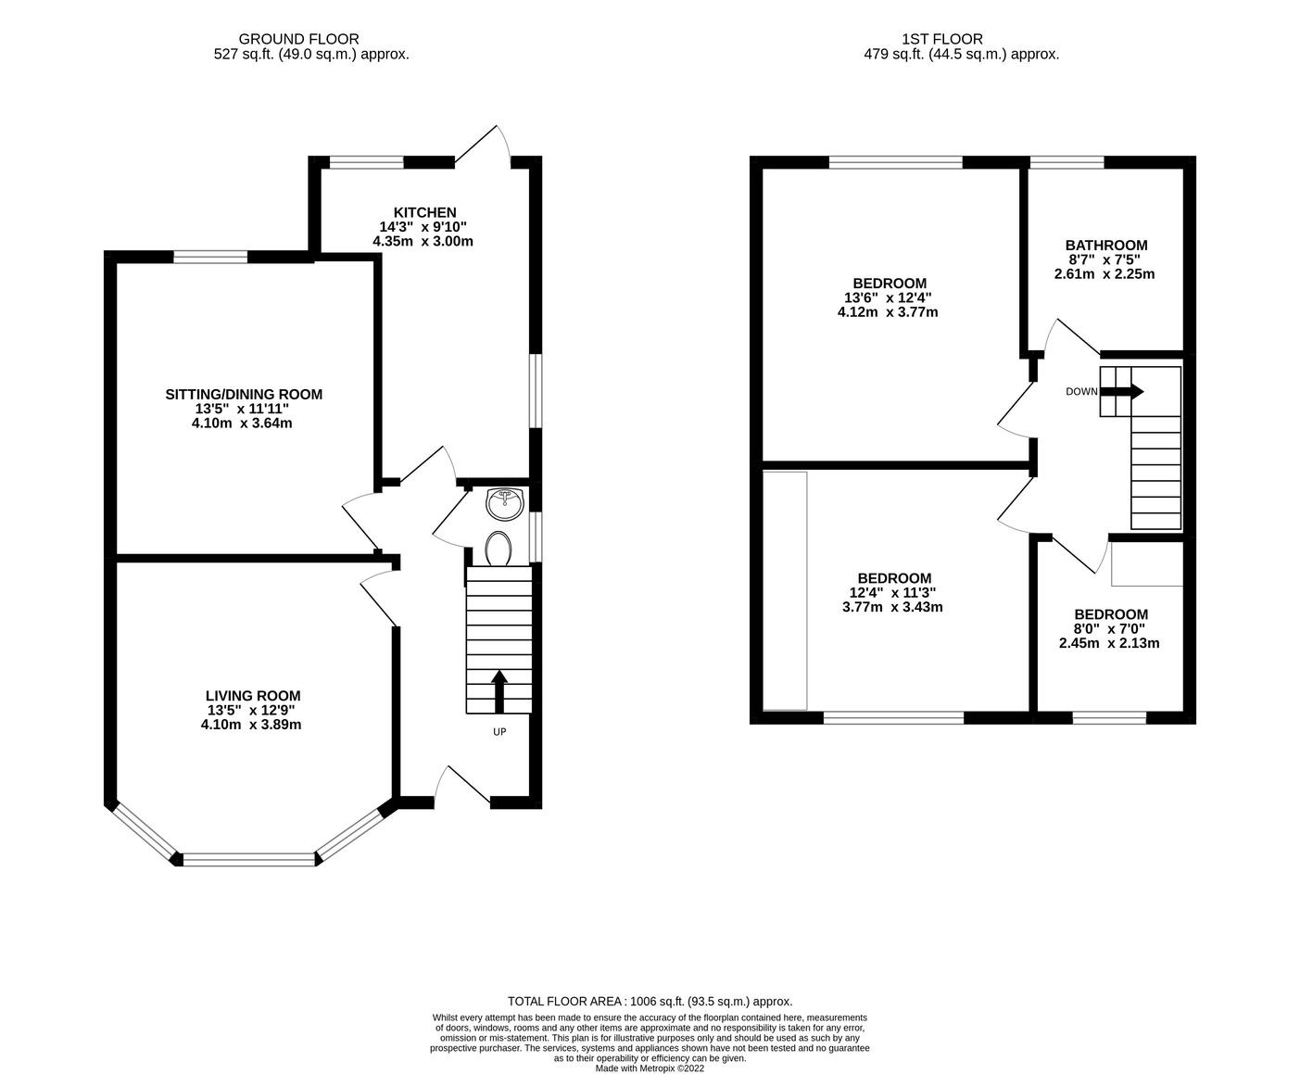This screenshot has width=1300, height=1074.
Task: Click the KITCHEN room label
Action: pyautogui.click(x=424, y=212)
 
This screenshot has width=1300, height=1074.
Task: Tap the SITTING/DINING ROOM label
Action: pyautogui.click(x=244, y=394)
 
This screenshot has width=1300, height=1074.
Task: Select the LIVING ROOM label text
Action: pyautogui.click(x=253, y=695)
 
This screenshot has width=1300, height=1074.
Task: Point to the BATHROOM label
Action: pyautogui.click(x=1105, y=245)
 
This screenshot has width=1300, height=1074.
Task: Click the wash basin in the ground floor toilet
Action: pyautogui.click(x=506, y=504)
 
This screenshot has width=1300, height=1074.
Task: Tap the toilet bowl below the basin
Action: pyautogui.click(x=499, y=549)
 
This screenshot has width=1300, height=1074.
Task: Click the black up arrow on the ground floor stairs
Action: pyautogui.click(x=499, y=691)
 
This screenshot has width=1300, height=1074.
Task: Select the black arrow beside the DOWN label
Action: pyautogui.click(x=1122, y=392)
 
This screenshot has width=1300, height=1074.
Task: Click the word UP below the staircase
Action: pyautogui.click(x=499, y=732)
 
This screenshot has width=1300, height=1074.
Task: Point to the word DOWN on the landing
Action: pyautogui.click(x=1081, y=392)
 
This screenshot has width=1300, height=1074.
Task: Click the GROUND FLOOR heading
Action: pyautogui.click(x=299, y=39)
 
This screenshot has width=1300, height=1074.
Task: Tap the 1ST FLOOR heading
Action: pyautogui.click(x=942, y=39)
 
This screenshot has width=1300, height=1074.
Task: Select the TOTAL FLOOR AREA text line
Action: pyautogui.click(x=650, y=1001)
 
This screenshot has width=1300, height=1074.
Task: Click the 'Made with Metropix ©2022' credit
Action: pyautogui.click(x=650, y=1068)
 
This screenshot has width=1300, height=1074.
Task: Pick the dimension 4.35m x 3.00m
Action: pyautogui.click(x=423, y=241)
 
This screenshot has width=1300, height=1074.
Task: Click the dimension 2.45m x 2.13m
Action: pyautogui.click(x=1109, y=643)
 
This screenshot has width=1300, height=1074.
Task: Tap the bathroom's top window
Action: pyautogui.click(x=1067, y=163)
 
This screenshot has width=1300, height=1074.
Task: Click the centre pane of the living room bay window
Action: pyautogui.click(x=249, y=860)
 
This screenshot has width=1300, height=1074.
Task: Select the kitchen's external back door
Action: pyautogui.click(x=483, y=145)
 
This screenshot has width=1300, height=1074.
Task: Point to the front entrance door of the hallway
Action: pyautogui.click(x=462, y=786)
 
